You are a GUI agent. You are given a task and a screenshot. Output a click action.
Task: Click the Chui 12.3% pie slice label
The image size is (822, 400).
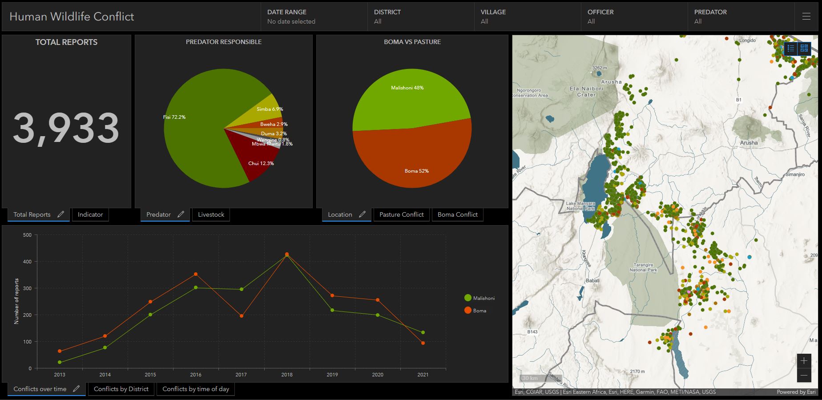coord(261,163)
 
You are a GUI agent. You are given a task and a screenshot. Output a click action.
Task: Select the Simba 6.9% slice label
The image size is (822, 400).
coord(270,109)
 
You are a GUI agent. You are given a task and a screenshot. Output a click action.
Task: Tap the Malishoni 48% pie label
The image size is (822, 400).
coord(407,88)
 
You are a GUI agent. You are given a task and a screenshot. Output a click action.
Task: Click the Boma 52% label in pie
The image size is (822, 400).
coord(416,171)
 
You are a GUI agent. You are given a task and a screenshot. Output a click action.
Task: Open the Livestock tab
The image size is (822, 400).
coord(211,214)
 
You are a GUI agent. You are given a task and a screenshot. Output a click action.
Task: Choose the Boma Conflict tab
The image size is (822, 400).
coord(457,214)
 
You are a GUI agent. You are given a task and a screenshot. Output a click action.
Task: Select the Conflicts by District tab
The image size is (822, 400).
coord(121,389)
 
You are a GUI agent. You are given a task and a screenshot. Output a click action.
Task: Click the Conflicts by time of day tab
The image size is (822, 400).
coord(196,389)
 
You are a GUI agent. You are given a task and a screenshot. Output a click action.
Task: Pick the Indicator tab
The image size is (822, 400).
coord(90,214)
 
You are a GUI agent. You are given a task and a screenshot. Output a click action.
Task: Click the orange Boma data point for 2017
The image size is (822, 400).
coord(242,316)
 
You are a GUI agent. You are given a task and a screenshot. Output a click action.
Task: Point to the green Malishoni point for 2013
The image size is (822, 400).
coord(60,362)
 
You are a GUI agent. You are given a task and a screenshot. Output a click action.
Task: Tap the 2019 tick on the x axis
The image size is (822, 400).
coord(332,375)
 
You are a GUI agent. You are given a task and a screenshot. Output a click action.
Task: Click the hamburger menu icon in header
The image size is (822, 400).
coord(806,16)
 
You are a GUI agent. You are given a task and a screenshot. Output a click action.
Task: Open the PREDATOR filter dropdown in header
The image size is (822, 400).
coord(741,16)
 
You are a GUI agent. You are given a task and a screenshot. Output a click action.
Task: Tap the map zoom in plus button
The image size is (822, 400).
coord(803,360)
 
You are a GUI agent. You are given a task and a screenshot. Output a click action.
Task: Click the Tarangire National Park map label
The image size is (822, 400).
coord(643,267)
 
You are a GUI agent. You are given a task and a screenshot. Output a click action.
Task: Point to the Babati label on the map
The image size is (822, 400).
coord(592,280)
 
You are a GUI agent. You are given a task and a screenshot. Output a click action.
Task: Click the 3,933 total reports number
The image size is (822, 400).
coord(66,129)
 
